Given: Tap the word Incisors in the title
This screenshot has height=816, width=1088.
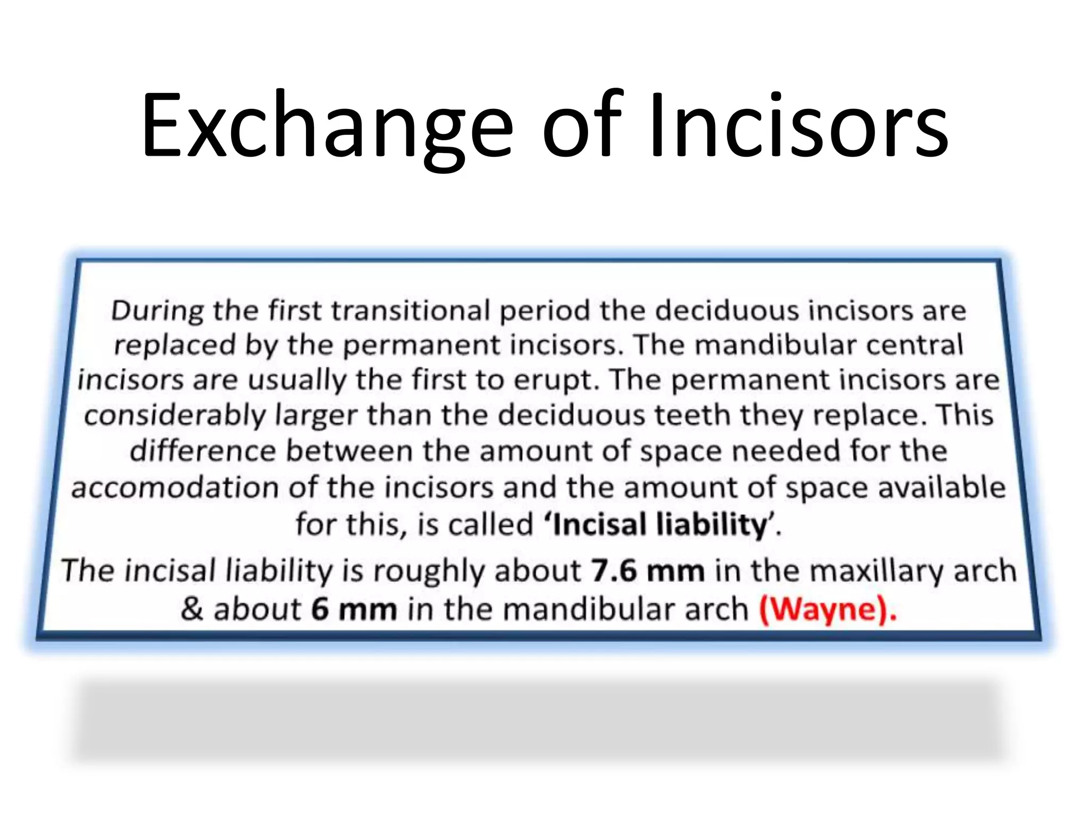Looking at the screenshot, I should point(799,126).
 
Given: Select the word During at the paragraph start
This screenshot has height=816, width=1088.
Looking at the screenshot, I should point(157,311).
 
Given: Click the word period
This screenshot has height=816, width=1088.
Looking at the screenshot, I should point(545,311).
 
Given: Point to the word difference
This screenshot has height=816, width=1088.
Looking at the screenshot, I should point(202,451).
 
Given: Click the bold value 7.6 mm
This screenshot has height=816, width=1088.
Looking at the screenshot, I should point(648,571).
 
